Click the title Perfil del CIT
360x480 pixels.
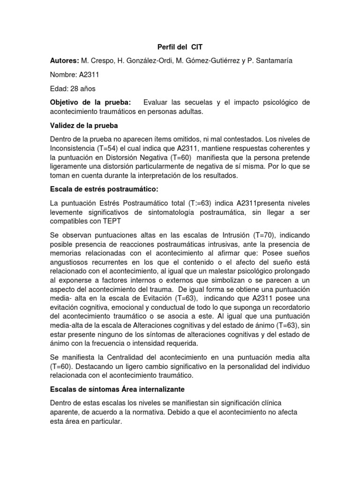(x=180, y=47)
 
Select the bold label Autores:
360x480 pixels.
(x=64, y=61)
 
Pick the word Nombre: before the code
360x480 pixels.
(x=64, y=75)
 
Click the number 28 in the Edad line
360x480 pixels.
(x=73, y=89)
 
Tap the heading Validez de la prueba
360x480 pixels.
(x=84, y=125)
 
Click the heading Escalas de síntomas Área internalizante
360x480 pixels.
(x=118, y=389)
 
